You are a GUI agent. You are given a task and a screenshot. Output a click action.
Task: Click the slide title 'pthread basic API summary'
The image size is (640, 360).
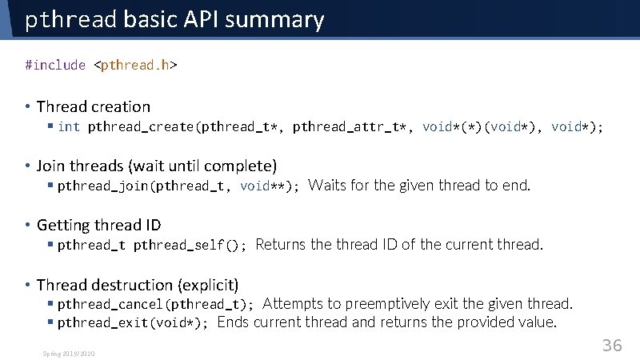click(174, 19)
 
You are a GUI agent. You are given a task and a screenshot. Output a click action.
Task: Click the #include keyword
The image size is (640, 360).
click(55, 65)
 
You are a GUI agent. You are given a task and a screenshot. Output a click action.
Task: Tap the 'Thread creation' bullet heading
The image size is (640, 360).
click(93, 106)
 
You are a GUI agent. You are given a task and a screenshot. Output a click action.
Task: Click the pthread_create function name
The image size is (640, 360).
click(142, 126)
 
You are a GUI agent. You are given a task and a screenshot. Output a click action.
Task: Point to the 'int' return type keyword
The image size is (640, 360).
click(69, 126)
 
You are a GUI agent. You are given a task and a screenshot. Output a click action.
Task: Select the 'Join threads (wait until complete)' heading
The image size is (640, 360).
click(157, 166)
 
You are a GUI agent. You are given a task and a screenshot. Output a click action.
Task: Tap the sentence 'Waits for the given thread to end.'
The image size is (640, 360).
click(419, 186)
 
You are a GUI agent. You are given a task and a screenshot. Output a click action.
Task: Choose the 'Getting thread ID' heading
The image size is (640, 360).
click(98, 225)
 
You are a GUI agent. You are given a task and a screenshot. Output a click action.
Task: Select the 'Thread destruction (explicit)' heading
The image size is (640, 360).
click(138, 284)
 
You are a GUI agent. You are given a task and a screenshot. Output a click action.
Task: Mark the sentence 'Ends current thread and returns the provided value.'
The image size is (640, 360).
click(386, 322)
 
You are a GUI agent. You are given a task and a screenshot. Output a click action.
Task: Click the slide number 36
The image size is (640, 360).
click(611, 346)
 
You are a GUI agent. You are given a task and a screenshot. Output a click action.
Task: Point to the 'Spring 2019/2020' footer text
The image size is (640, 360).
click(70, 353)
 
